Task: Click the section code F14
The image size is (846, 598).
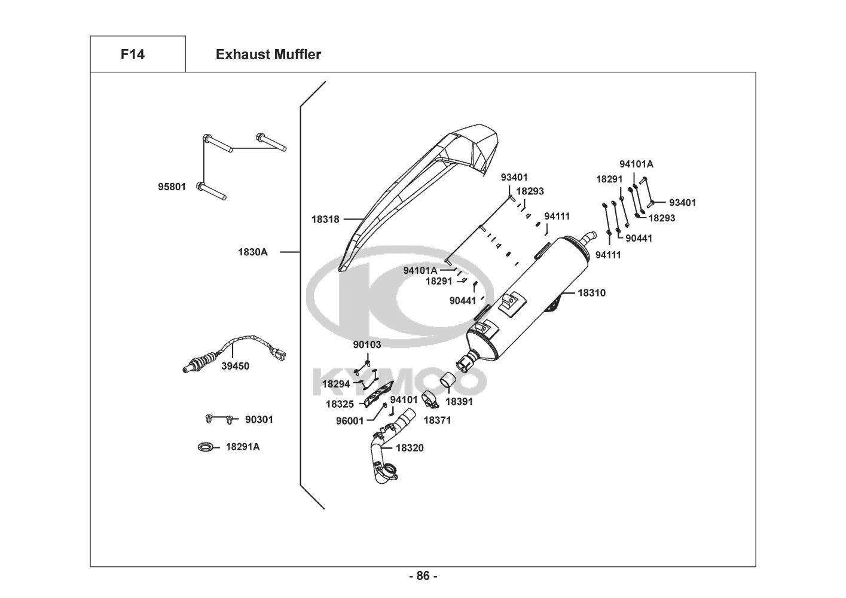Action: (132, 54)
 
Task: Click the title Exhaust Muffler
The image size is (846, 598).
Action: (268, 54)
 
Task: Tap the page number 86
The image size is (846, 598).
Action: (423, 576)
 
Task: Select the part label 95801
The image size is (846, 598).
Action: (172, 187)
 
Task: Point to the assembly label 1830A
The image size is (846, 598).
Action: (253, 252)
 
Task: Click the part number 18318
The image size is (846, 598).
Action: (325, 219)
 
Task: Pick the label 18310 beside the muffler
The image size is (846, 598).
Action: (591, 293)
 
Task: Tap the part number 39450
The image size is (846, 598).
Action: (235, 366)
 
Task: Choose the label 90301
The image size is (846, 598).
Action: (259, 420)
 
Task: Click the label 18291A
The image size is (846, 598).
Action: (242, 447)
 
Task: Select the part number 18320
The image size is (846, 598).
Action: (410, 447)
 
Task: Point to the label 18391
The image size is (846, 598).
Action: (459, 402)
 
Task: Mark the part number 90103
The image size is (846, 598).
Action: (367, 344)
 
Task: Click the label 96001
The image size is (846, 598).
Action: (350, 420)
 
